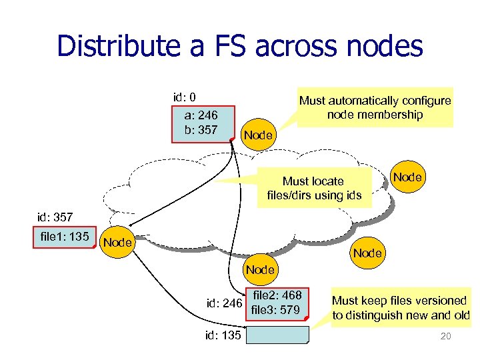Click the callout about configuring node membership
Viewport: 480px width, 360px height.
(x=375, y=108)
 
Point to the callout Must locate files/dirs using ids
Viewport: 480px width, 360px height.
(x=313, y=188)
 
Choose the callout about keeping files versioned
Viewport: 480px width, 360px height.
(x=401, y=307)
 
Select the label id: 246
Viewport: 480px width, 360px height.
(x=224, y=305)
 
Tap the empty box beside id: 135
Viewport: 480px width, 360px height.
(x=278, y=335)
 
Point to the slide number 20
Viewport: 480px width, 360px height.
(x=445, y=336)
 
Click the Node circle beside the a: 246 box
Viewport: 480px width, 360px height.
(x=258, y=135)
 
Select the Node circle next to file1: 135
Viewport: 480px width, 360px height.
(x=117, y=243)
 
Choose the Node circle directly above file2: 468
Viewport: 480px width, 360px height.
(x=259, y=269)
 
